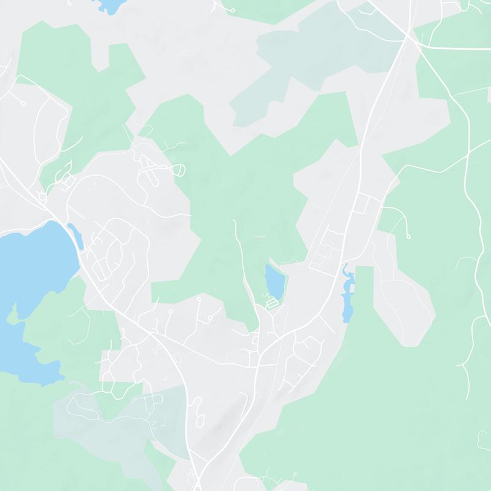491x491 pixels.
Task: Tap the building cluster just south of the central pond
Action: [270, 303]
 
